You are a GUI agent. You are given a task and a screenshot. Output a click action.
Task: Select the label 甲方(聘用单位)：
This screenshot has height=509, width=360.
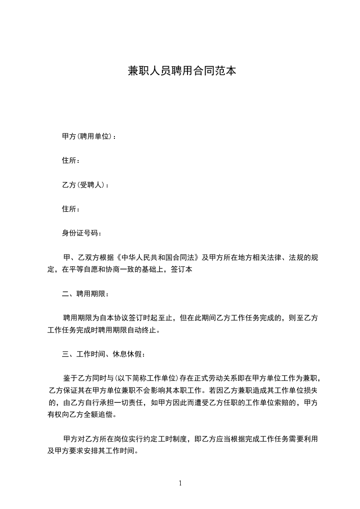coord(89,136)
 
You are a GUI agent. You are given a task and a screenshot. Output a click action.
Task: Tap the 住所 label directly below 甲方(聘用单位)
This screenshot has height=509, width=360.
coord(71,161)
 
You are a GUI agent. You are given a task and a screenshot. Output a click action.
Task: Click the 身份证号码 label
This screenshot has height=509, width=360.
coord(82,233)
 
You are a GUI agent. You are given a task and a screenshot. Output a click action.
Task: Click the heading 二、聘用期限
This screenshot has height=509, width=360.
coord(85,294)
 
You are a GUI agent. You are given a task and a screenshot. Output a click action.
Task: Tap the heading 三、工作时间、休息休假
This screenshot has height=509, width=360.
coord(104,354)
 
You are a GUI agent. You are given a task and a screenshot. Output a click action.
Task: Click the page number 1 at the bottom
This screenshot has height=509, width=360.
coord(180,483)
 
